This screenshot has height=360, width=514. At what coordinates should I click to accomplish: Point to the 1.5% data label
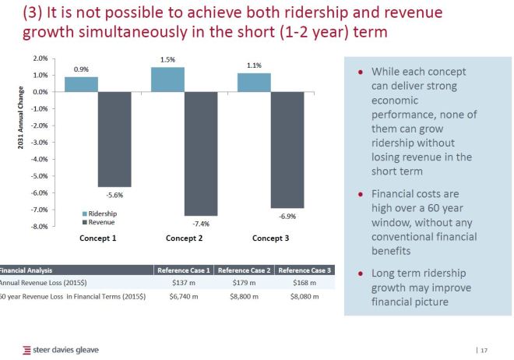(167, 59)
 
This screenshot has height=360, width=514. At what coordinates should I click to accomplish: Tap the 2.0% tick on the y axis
(40, 58)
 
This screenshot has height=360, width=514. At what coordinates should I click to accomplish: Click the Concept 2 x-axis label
(185, 238)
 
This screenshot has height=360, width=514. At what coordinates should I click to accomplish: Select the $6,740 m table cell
(185, 296)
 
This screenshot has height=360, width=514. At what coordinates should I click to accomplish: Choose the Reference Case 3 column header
(305, 270)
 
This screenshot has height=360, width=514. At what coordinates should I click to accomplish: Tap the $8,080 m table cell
(305, 296)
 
